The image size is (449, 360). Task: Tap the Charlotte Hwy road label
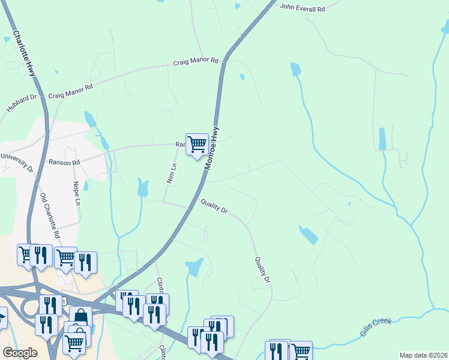pyautogui.click(x=25, y=53)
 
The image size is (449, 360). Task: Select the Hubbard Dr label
pyautogui.click(x=22, y=103)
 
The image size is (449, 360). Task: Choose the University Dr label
pyautogui.click(x=17, y=162)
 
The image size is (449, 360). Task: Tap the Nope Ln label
pyautogui.click(x=76, y=193)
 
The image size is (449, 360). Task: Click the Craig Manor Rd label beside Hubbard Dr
pyautogui.click(x=71, y=91)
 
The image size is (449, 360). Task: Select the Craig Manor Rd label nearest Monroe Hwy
pyautogui.click(x=195, y=62)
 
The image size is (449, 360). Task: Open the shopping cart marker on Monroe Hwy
pyautogui.click(x=197, y=145)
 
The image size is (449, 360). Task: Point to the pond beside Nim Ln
pyautogui.click(x=143, y=188)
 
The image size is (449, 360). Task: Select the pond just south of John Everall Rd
pyautogui.click(x=295, y=69)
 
